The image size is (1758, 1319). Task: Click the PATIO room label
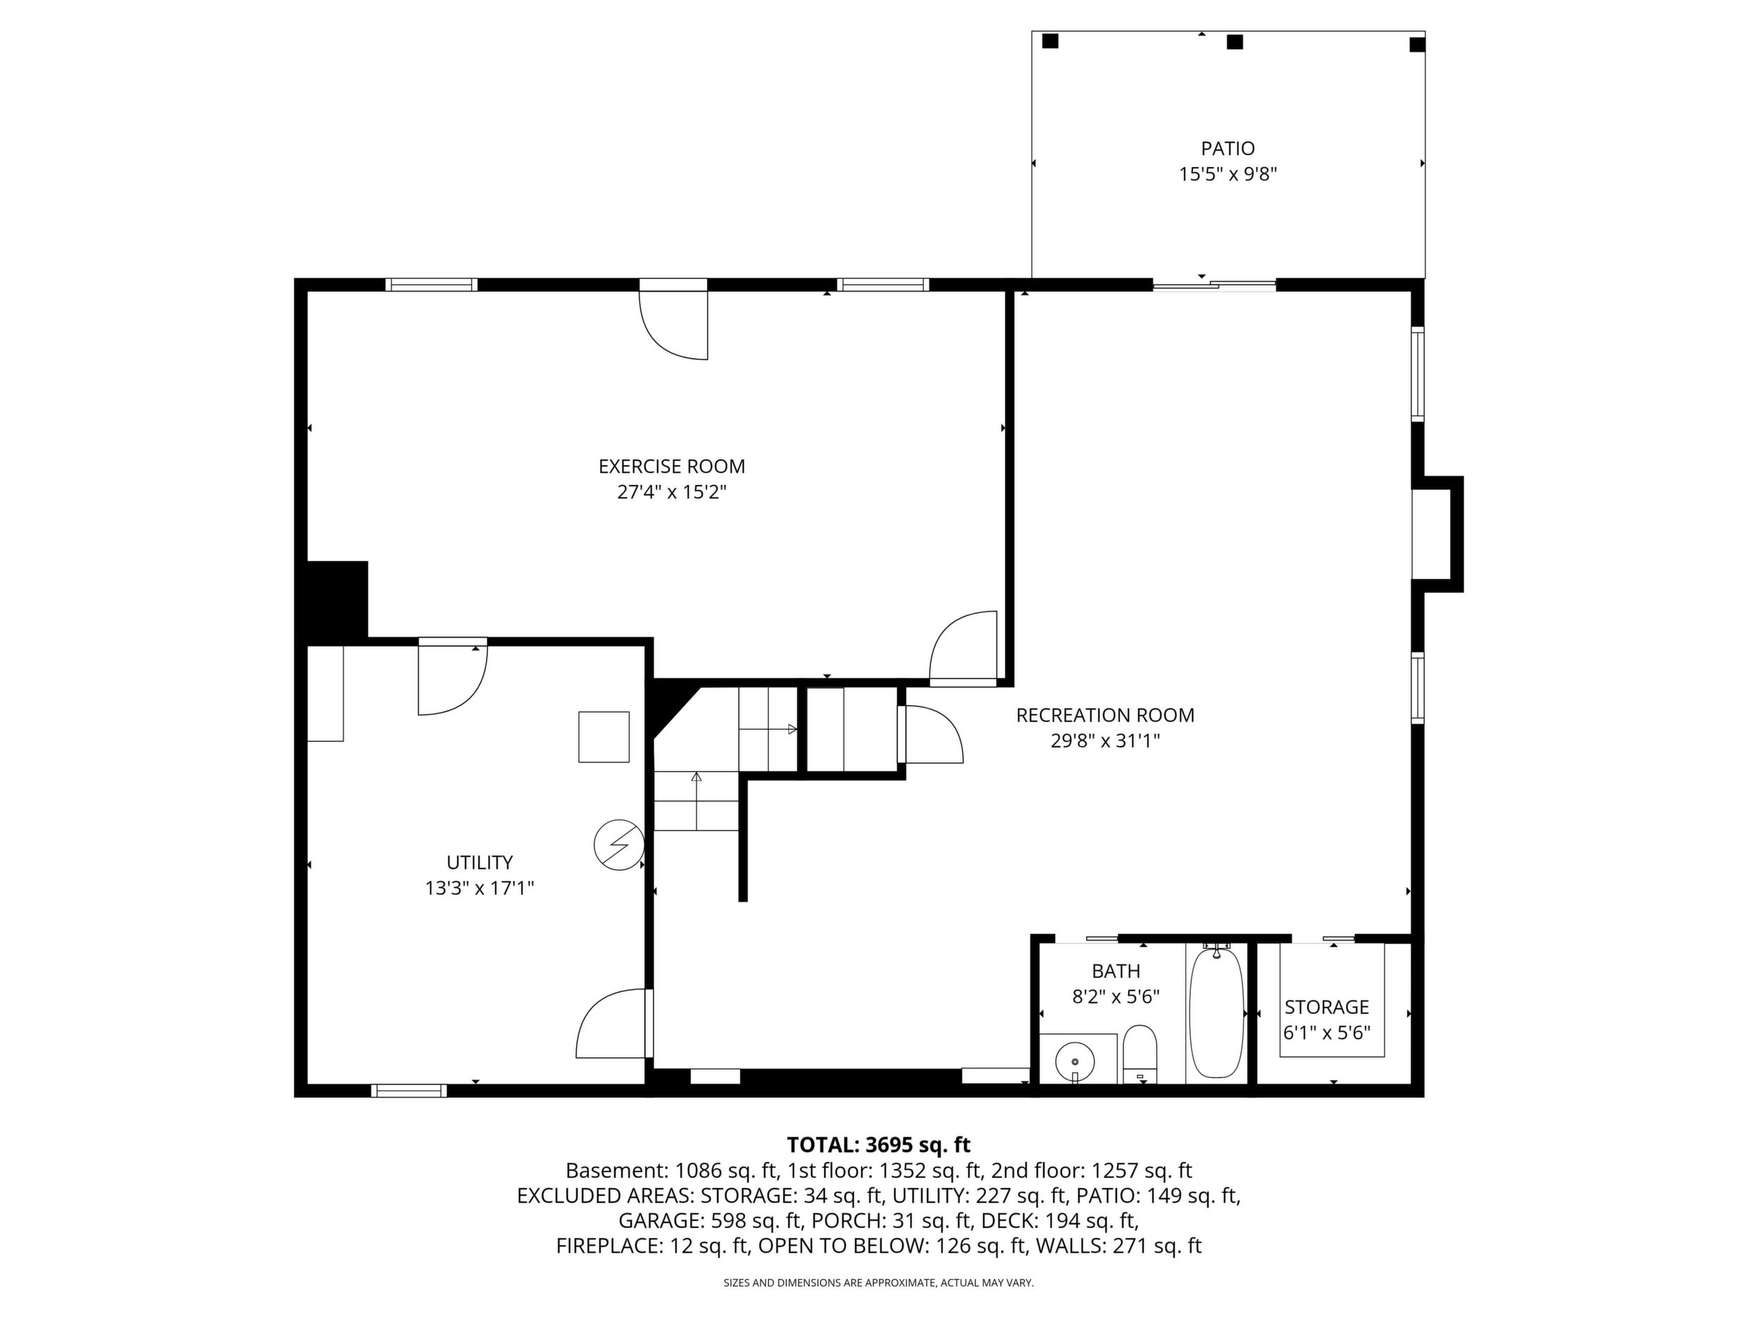click(x=1227, y=149)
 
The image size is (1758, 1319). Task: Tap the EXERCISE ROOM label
click(x=671, y=466)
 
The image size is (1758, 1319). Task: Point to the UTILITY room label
click(x=479, y=862)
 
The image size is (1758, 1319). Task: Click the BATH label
click(x=1116, y=972)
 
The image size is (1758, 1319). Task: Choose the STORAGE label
click(x=1326, y=1008)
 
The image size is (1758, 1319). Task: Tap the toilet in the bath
click(x=1140, y=1055)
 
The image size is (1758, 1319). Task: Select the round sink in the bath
click(x=1075, y=1061)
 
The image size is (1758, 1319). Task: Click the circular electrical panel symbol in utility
click(x=619, y=845)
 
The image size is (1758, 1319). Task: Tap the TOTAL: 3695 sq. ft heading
click(x=878, y=1145)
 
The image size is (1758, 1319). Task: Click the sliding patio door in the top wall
click(x=1214, y=284)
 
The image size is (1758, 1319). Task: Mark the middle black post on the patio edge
click(x=1234, y=42)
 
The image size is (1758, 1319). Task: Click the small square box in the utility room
click(x=604, y=737)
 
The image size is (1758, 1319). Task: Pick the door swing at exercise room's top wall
click(x=674, y=326)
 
